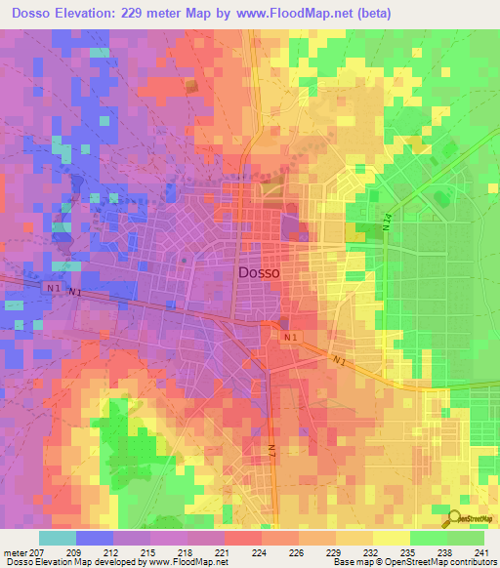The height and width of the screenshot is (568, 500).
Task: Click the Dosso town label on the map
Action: point(259,273)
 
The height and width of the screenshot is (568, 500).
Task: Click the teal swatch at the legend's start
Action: point(58,538)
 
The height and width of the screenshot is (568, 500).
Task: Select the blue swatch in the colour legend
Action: point(95,538)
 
